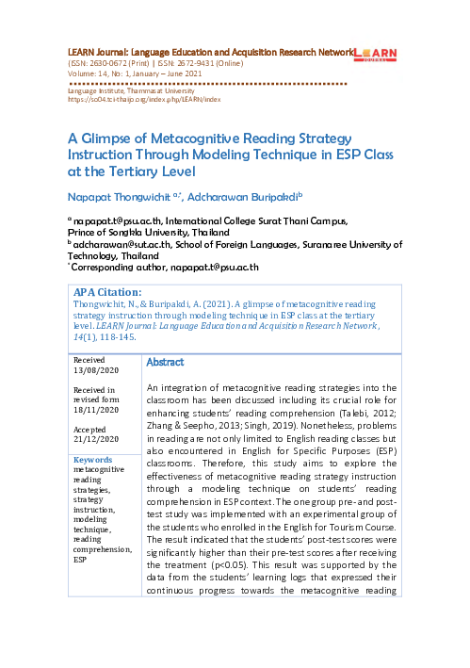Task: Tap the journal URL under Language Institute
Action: pyautogui.click(x=144, y=97)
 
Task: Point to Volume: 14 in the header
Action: pyautogui.click(x=91, y=73)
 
